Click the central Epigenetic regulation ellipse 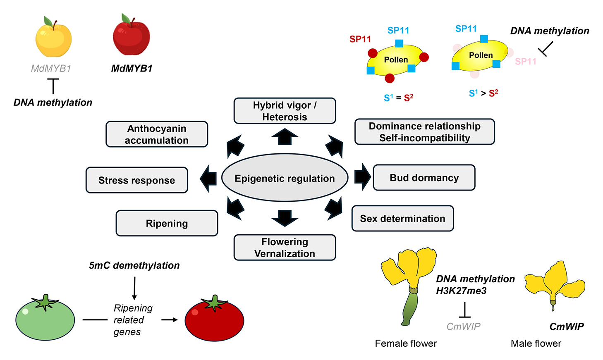pyautogui.click(x=285, y=178)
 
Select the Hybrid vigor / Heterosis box pyautogui.click(x=285, y=111)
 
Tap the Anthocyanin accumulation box pyautogui.click(x=157, y=134)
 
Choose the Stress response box pyautogui.click(x=136, y=180)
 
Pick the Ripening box pyautogui.click(x=167, y=223)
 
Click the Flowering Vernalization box pyautogui.click(x=285, y=247)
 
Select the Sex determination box pyautogui.click(x=402, y=218)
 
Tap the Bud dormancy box pyautogui.click(x=424, y=178)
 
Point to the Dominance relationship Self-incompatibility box pyautogui.click(x=424, y=132)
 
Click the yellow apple pyautogui.click(x=53, y=38)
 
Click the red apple pyautogui.click(x=131, y=36)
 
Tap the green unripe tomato pyautogui.click(x=45, y=319)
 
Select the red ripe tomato pyautogui.click(x=214, y=319)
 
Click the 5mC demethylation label pyautogui.click(x=134, y=265)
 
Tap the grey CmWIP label pyautogui.click(x=463, y=327)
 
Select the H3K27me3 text pyautogui.click(x=461, y=291)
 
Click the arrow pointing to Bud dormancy pyautogui.click(x=362, y=177)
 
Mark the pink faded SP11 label pyautogui.click(x=525, y=62)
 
